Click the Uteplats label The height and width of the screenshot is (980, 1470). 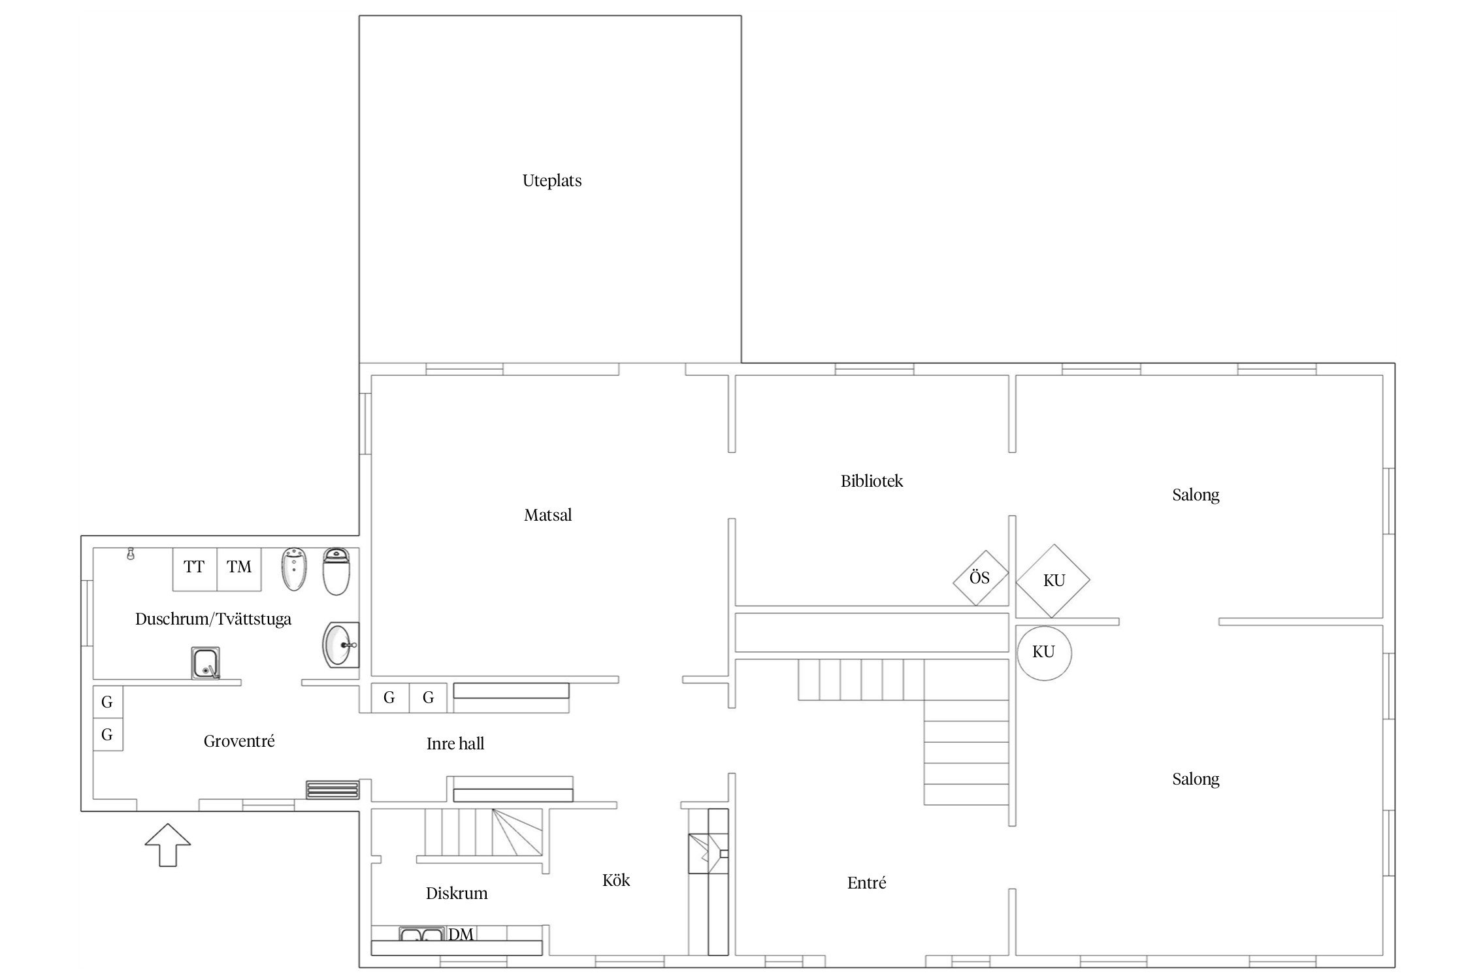[x=552, y=181]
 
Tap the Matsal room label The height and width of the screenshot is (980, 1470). [x=547, y=515]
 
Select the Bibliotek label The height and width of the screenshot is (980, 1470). [x=872, y=481]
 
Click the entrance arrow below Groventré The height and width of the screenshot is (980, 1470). [x=168, y=845]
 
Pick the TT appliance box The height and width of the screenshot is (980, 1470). [x=194, y=569]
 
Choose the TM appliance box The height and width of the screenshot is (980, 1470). [x=239, y=569]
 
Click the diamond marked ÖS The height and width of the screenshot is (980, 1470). [x=980, y=578]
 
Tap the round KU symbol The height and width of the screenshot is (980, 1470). [x=1044, y=653]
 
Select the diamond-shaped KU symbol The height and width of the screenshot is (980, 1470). [x=1053, y=581]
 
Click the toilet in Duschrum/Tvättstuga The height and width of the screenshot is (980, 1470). [x=336, y=571]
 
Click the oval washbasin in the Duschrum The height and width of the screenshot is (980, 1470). [x=341, y=644]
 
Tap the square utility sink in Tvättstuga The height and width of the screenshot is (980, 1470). [x=206, y=663]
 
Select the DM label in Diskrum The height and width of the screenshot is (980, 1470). [x=461, y=935]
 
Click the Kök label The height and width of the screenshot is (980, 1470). [x=616, y=880]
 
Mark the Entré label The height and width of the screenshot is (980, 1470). [x=867, y=883]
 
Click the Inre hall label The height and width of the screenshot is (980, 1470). [x=455, y=743]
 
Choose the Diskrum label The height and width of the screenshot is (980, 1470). [x=457, y=893]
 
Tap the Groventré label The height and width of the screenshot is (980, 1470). [x=239, y=741]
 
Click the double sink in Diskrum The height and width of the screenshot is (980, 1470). [x=421, y=935]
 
